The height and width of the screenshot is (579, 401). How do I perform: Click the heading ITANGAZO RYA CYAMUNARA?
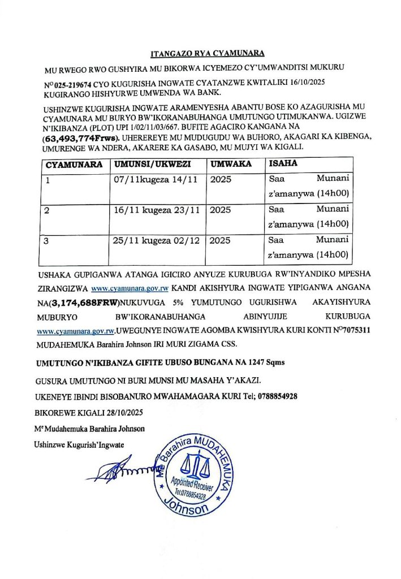(208, 55)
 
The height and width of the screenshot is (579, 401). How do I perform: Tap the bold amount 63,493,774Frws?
(80, 137)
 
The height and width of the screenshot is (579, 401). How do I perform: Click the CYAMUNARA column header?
(74, 165)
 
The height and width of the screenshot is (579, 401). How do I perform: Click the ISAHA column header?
(282, 165)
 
